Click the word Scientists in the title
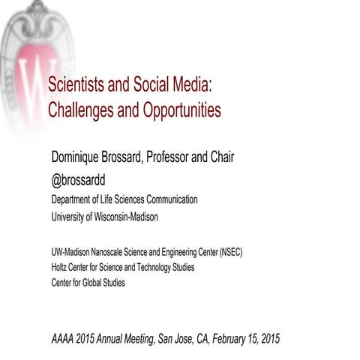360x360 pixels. coord(77,86)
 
